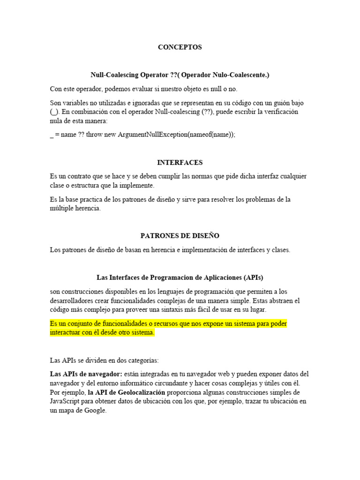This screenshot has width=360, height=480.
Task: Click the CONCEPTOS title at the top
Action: [180, 47]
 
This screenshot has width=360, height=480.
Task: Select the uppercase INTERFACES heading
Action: [180, 162]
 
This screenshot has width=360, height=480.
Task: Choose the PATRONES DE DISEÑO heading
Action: [180, 236]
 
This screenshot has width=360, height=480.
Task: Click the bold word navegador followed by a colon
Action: [104, 374]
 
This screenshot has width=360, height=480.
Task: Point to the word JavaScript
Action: [66, 401]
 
